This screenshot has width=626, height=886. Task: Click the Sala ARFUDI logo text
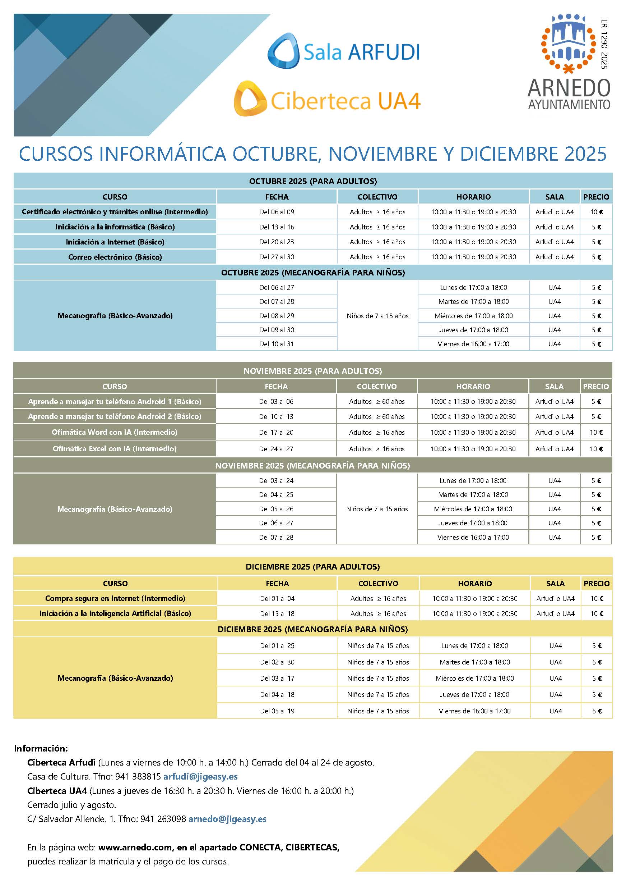361,52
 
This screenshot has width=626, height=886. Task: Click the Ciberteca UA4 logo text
345,101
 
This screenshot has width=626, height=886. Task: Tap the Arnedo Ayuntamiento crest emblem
569,43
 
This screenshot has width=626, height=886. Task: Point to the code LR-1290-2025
604,44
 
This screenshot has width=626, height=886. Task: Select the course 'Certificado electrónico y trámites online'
115,212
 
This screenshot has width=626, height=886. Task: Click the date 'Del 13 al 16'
277,227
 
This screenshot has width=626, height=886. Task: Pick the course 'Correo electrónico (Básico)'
115,257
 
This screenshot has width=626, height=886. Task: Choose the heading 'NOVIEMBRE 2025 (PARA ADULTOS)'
312,371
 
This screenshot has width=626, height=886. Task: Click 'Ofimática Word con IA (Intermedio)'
115,433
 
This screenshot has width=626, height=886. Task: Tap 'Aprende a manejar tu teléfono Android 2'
115,417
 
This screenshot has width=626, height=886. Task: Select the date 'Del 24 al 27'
276,449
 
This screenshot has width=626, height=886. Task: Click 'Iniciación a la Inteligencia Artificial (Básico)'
115,613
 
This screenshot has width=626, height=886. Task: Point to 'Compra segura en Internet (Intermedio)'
115,598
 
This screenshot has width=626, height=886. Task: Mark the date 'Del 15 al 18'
277,613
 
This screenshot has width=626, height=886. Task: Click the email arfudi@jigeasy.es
200,776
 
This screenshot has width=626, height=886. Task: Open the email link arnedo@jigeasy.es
227,819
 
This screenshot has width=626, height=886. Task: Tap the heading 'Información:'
41,748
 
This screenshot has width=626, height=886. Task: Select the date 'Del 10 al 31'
277,344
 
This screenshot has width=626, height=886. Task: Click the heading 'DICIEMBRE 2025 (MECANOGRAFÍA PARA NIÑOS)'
312,629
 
